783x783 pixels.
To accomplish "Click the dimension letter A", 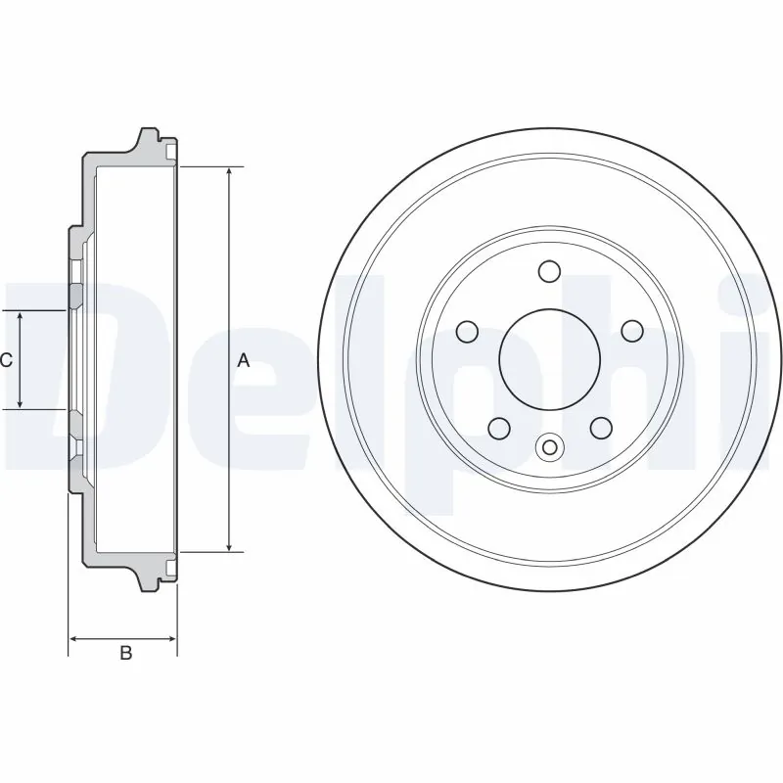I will (x=245, y=360).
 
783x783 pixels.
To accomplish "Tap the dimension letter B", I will (x=125, y=653).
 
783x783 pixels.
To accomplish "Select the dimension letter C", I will (x=6, y=360).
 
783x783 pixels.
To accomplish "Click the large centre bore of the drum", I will (x=548, y=358).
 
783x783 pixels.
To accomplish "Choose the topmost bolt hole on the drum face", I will (x=548, y=270).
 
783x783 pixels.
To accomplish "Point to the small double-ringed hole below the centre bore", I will (x=548, y=447).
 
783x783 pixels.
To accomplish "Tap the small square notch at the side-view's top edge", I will (x=172, y=154).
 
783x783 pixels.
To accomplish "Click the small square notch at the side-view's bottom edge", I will (x=172, y=567).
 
